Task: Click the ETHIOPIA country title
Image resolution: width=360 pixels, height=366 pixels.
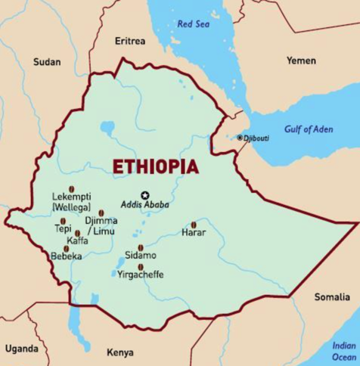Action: point(155,166)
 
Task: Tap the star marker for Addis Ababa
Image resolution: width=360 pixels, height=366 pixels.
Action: point(145,194)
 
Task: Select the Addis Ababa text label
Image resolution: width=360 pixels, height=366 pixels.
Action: point(145,205)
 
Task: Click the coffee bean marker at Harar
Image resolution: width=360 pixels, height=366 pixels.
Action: point(193,225)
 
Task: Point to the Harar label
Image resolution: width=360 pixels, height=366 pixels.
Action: point(194,233)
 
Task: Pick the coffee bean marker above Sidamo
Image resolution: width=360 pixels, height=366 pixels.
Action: point(141,247)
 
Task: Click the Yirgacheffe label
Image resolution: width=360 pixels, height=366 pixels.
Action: point(140,275)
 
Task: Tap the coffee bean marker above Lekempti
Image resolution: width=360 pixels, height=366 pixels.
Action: point(72,189)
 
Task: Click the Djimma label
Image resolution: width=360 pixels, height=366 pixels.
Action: point(101,222)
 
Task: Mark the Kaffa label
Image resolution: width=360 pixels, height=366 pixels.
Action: point(77,241)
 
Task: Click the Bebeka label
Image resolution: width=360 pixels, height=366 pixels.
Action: point(66,256)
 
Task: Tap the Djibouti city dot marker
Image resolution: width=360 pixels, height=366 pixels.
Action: point(240,138)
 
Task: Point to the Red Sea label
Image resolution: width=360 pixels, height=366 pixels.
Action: point(192,24)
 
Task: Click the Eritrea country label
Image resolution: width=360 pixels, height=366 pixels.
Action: point(129,40)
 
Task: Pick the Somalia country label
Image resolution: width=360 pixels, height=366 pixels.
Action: point(332,296)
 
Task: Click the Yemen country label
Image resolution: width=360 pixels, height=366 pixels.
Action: point(301,60)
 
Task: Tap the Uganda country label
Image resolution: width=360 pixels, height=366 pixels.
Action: point(21,349)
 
